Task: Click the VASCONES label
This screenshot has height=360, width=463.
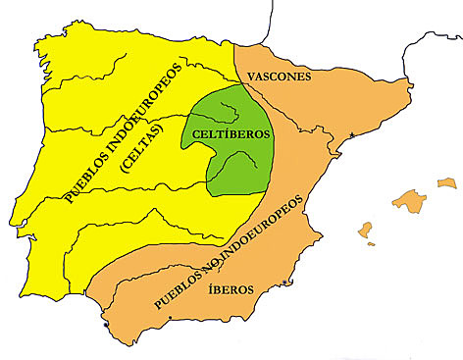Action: tap(279, 76)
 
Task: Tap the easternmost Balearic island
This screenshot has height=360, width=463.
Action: tap(447, 182)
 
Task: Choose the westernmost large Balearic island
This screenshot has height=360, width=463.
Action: tap(366, 231)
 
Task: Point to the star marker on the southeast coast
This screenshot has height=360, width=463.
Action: tap(285, 283)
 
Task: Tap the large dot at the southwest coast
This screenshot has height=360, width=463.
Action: tap(106, 322)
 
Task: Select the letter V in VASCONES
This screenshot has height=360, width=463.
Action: tap(251, 76)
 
